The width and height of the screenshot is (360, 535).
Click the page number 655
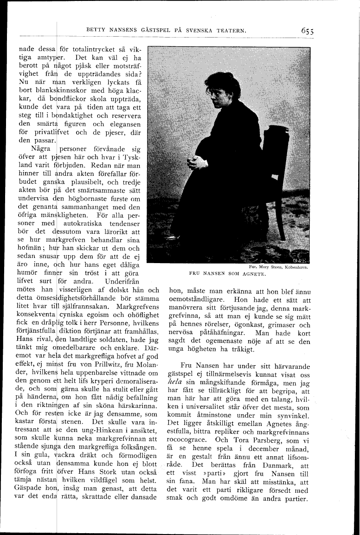pyautogui.click(x=307, y=31)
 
